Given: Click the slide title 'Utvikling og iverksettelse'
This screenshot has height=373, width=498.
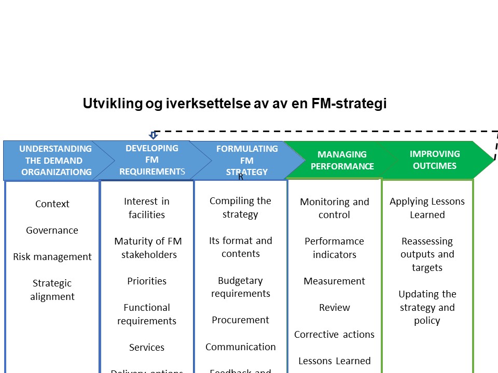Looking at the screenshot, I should tap(234, 104).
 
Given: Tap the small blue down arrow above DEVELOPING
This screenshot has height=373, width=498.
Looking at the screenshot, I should tap(153, 135).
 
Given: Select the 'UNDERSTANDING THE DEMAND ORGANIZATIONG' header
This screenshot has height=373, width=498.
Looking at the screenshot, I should tap(56, 160).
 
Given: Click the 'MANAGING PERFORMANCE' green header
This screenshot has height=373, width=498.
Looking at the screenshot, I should tap(342, 160).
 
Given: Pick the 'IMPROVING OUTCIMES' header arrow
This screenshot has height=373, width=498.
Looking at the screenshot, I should tap(435, 160).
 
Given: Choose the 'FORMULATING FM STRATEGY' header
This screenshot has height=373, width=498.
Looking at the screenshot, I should tap(247, 160).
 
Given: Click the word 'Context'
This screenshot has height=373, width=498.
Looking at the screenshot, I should tap(52, 204).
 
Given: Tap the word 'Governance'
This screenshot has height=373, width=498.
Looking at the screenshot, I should tap(52, 231).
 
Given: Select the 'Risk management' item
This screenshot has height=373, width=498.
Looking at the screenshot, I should tap(52, 257).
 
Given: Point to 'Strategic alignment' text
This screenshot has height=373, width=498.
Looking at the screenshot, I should tap(52, 290).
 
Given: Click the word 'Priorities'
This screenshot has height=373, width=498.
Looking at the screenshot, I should tap(147, 281).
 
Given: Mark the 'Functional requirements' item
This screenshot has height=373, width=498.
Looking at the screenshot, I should tap(147, 314).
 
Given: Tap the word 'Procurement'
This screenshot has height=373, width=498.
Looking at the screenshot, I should tap(241, 320).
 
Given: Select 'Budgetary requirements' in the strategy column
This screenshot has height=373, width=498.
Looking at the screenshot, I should tap(241, 287).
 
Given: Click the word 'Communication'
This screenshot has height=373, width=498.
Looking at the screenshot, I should tap(241, 347).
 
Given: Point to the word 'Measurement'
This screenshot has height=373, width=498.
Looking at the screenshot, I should tap(335, 281).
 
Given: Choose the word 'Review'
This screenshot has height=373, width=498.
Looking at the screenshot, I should tap(335, 308).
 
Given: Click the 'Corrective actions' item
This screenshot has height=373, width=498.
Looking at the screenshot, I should tap(335, 335).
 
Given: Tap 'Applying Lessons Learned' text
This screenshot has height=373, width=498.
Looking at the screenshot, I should tap(427, 208).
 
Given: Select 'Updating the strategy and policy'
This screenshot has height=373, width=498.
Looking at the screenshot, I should tap(427, 307).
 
